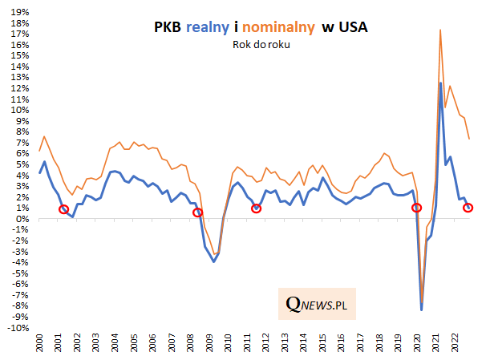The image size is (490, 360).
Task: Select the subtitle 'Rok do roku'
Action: (258, 45)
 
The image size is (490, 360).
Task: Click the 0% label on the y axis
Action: (21, 219)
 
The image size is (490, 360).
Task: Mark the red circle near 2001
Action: (64, 209)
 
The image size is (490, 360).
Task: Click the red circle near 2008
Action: (198, 212)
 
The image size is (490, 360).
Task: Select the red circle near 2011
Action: (257, 208)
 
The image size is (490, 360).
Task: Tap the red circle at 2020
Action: (416, 208)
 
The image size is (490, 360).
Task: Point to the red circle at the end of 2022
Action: (469, 208)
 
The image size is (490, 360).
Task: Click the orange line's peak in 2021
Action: (440, 30)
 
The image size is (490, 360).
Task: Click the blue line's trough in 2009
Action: (214, 262)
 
